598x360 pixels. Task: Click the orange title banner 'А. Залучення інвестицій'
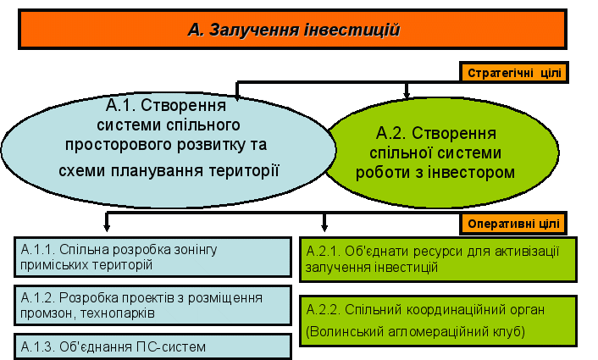point(293,30)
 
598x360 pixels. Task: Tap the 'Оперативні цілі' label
point(513,224)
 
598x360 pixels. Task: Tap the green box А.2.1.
point(438,258)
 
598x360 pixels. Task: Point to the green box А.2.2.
point(438,320)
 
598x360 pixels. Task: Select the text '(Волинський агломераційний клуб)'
point(417,331)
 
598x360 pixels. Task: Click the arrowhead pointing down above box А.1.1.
point(107,226)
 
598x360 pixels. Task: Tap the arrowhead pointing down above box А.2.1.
point(324,226)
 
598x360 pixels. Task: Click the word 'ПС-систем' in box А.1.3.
point(176,346)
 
